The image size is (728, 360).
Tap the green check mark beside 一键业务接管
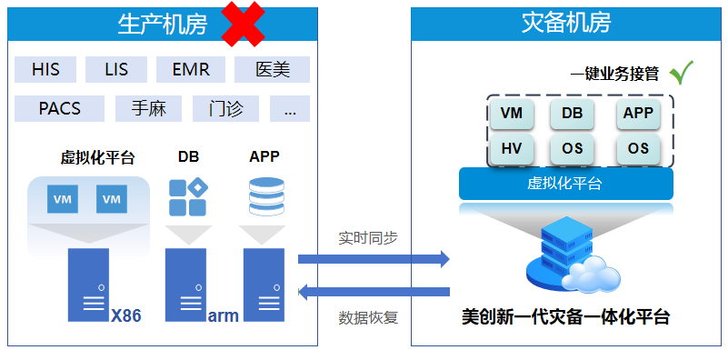coord(681,72)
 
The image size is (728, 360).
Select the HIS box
coord(46,69)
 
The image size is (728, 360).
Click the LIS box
coord(116,69)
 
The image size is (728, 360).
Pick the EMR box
coord(191,69)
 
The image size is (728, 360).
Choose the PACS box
coord(60,109)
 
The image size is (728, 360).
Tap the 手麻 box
coord(148,109)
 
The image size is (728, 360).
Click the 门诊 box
coord(225,109)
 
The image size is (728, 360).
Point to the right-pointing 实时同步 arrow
coord(374,260)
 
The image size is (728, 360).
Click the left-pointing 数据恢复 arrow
coord(374,292)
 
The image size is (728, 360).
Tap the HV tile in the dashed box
coord(512,148)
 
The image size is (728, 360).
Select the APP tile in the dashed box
coord(638,114)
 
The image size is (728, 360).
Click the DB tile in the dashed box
coord(573,114)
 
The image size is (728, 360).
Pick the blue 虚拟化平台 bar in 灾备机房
coord(565,184)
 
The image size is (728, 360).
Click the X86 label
coord(125,316)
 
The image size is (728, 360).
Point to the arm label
coord(223,316)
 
